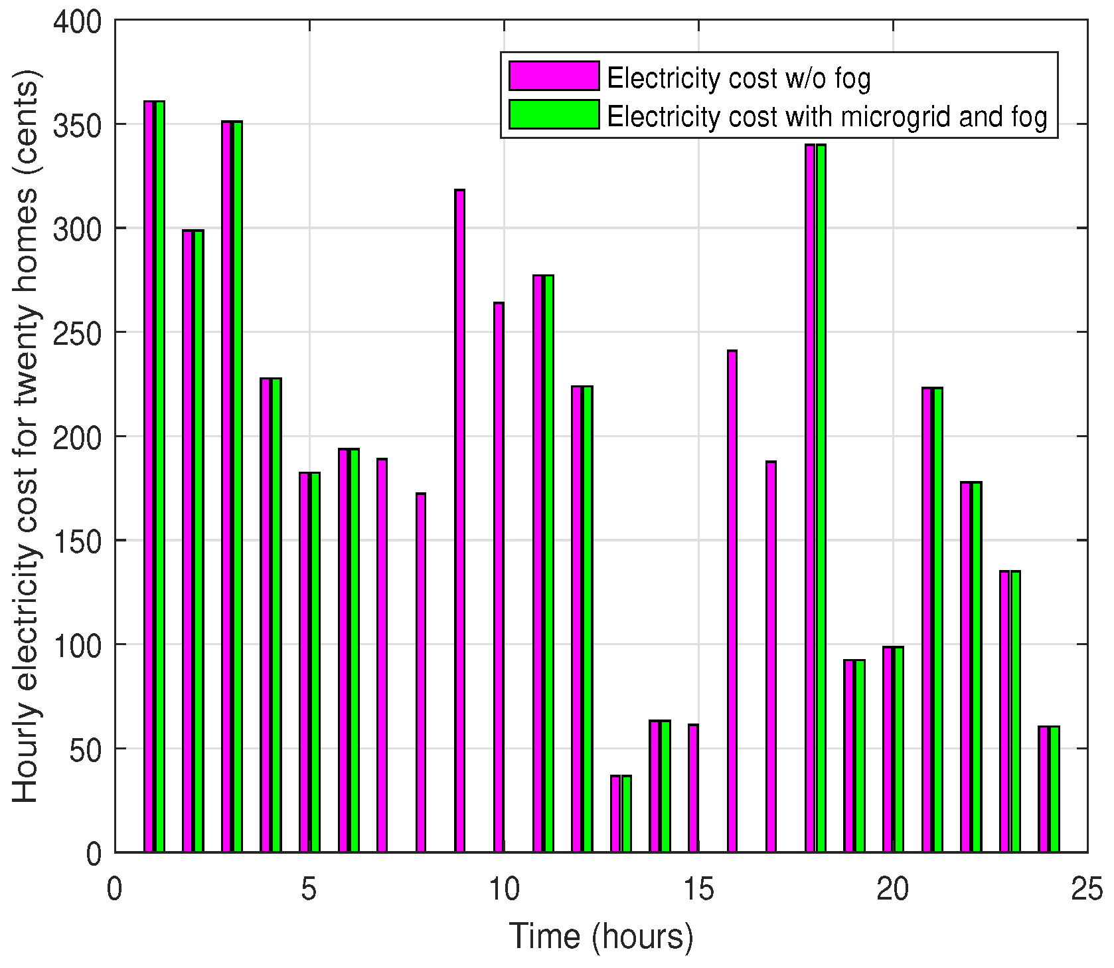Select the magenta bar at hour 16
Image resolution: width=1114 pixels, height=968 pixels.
point(732,601)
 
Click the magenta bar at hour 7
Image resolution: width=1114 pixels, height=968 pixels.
point(382,655)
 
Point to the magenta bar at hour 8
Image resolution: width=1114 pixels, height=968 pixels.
point(421,672)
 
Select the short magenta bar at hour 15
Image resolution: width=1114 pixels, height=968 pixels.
point(693,788)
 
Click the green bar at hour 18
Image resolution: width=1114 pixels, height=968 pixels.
point(821,498)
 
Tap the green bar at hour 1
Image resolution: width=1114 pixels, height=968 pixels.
point(159,476)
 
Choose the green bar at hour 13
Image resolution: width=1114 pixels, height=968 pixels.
point(626,813)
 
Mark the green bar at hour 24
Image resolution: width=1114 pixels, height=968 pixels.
point(1054,789)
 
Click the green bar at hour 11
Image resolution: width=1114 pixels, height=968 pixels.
point(548,563)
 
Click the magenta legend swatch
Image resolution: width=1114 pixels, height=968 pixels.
point(554,76)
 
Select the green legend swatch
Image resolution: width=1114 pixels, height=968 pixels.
point(554,114)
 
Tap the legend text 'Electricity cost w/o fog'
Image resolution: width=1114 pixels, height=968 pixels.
point(738,78)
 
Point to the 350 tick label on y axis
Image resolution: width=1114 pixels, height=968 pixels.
point(78,126)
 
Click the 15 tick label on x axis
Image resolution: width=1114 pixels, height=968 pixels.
point(698,889)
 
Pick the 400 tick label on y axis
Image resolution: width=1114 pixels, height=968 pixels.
point(78,22)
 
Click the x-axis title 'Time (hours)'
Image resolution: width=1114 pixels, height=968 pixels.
point(601,937)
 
